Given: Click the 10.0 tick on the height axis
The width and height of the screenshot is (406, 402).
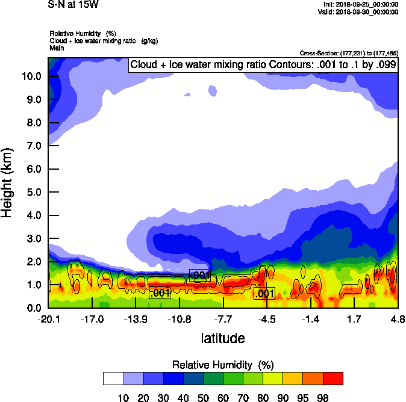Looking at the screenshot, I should pyautogui.click(x=31, y=76).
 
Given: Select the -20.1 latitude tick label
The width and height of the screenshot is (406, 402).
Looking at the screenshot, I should pyautogui.click(x=48, y=319).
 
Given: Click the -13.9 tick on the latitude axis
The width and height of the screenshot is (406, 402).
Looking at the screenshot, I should pyautogui.click(x=136, y=319).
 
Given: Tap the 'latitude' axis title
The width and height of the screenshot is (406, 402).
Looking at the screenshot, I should pyautogui.click(x=223, y=338).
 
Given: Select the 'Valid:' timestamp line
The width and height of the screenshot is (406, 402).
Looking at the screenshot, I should pyautogui.click(x=360, y=11).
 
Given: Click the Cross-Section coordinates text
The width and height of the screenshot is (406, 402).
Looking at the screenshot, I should pyautogui.click(x=349, y=54).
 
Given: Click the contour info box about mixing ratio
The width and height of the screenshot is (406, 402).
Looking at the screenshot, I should pyautogui.click(x=263, y=65).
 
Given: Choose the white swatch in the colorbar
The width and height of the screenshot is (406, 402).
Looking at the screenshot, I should pyautogui.click(x=113, y=378).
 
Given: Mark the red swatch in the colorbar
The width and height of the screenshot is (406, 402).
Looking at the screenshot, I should pyautogui.click(x=333, y=378).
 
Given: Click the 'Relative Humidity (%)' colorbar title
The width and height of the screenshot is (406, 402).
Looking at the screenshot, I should pyautogui.click(x=223, y=365).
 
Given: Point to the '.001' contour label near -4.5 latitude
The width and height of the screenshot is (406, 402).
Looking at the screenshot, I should pyautogui.click(x=264, y=294).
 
